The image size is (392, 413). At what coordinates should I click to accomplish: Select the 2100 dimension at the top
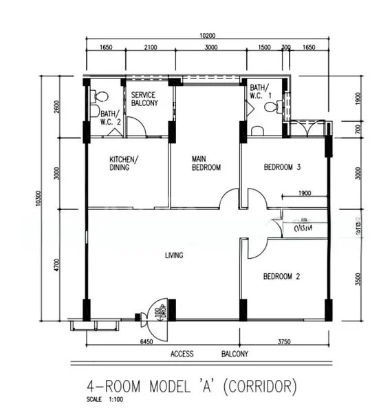151,47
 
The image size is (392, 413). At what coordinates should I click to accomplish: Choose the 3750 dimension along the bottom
283,341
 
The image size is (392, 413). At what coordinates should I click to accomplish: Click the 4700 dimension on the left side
58,265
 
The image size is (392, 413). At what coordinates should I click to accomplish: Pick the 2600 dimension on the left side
58,109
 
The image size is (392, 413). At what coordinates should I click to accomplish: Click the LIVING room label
174,256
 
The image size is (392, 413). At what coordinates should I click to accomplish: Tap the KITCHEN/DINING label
124,163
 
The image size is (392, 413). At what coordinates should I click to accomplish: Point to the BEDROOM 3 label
283,167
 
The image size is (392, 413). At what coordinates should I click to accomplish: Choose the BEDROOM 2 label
283,277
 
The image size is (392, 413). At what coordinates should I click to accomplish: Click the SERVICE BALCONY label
144,98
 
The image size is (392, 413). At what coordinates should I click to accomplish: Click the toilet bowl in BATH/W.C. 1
278,107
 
